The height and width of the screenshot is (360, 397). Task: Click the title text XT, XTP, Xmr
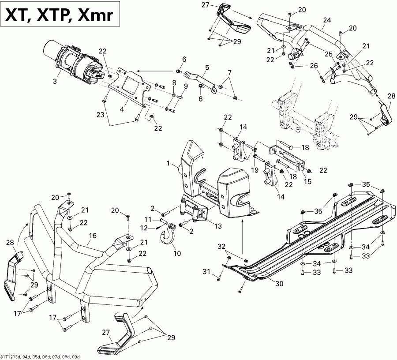(x=59, y=16)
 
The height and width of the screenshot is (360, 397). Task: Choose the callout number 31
(x=216, y=277)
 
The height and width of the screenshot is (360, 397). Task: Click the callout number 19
(x=254, y=169)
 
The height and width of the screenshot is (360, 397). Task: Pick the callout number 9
(x=186, y=86)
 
